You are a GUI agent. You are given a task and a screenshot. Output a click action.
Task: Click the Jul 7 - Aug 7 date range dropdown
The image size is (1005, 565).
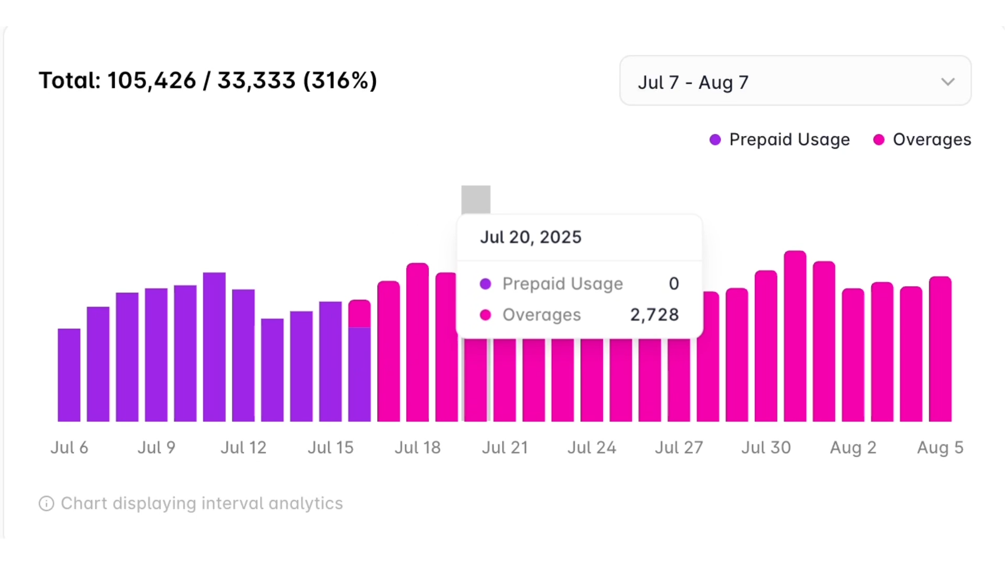795,81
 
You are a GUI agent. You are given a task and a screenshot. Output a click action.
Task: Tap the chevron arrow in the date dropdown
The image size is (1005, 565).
947,82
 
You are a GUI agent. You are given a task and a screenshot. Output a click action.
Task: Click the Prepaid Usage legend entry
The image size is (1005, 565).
780,140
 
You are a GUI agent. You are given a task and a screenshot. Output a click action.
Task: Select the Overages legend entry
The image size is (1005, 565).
923,140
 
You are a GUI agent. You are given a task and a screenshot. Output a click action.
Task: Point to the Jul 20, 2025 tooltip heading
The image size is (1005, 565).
530,238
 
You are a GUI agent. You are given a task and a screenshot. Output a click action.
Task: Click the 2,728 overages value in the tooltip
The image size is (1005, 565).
654,315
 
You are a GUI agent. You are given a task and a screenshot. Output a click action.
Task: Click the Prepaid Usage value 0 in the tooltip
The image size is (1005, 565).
674,284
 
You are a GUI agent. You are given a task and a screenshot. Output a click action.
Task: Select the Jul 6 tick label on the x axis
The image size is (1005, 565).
69,448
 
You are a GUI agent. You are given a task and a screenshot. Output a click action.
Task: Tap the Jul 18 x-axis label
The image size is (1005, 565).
417,448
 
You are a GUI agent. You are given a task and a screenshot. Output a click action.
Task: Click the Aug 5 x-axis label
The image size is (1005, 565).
940,448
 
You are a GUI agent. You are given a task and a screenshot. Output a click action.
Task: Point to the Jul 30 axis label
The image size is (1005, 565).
766,448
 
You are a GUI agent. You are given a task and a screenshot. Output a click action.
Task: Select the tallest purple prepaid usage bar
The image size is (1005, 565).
214,345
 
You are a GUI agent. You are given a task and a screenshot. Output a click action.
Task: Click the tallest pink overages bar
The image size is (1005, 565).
795,335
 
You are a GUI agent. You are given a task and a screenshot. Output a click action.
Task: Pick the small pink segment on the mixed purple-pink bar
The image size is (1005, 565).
360,314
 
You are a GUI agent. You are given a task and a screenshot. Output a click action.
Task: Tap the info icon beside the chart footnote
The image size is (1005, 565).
47,504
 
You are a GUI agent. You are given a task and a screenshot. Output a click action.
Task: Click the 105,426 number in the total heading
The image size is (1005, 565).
152,81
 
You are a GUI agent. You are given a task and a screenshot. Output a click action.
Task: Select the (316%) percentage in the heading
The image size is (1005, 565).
340,81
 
